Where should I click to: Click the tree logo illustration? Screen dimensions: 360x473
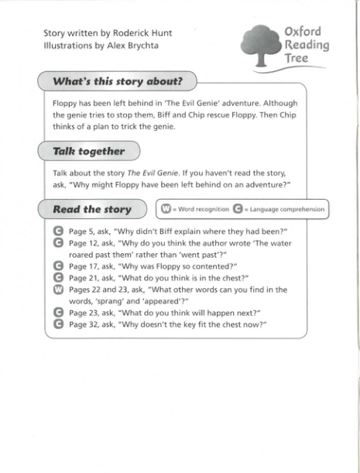click(258, 44)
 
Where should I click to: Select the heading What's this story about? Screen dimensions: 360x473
click(117, 81)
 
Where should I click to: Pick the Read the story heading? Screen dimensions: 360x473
click(91, 209)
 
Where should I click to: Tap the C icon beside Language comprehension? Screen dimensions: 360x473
click(238, 209)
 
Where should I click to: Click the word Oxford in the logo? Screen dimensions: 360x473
click(303, 32)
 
